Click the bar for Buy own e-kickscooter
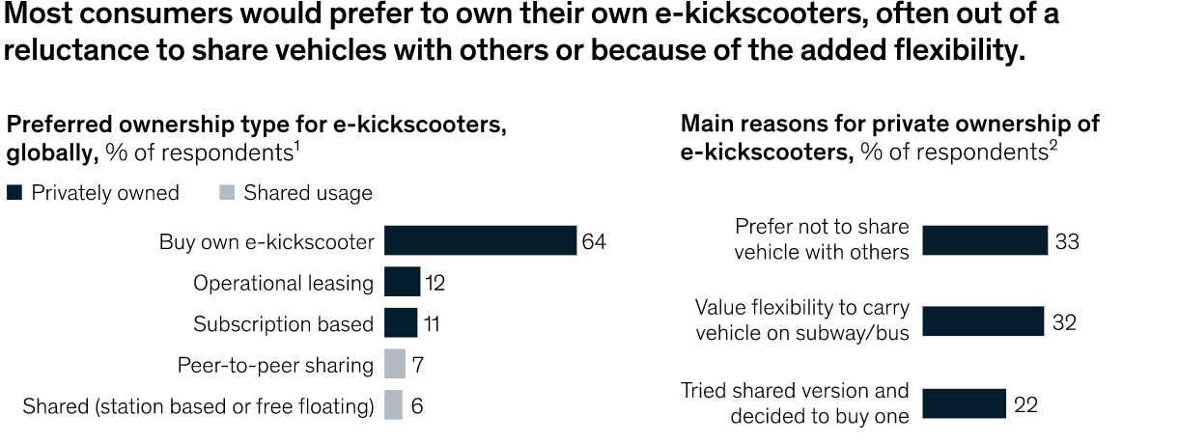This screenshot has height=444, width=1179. click(480, 241)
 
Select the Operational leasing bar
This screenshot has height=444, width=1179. click(402, 282)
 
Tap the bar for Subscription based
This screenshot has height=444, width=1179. click(401, 322)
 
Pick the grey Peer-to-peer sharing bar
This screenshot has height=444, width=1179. click(394, 364)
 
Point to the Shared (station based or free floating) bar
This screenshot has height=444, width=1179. click(393, 405)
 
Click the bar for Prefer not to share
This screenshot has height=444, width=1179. click(985, 240)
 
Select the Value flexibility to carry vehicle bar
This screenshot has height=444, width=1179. click(983, 321)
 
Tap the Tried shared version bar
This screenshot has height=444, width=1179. click(964, 403)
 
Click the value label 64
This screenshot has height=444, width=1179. click(594, 241)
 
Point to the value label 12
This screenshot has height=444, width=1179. click(434, 283)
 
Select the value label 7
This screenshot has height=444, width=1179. click(417, 365)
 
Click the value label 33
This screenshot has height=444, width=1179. click(1067, 241)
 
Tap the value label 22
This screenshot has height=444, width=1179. click(1025, 404)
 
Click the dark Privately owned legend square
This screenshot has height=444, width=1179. click(14, 193)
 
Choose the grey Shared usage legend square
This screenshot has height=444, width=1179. click(226, 193)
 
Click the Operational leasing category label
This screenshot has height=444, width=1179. click(283, 283)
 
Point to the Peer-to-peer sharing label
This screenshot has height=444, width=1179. click(275, 365)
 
